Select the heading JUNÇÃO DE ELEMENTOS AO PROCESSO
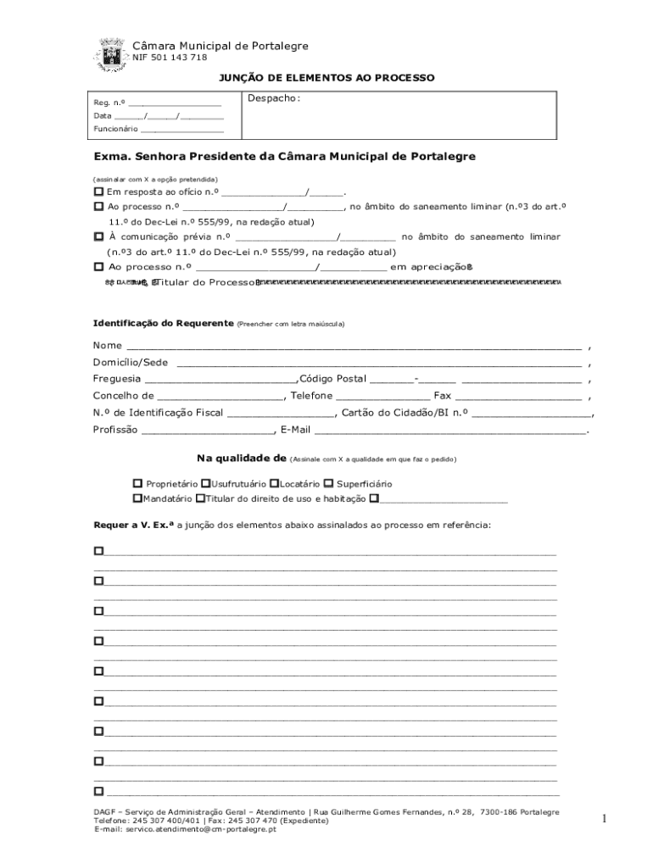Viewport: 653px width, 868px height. point(326,78)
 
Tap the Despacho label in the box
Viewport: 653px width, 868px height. point(273,98)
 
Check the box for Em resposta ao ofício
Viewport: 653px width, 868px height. point(98,192)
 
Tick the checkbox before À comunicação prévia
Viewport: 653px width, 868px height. point(98,236)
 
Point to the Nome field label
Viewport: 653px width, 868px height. point(108,345)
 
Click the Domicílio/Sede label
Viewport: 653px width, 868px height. point(131,362)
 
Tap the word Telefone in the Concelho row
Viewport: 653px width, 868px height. point(311,395)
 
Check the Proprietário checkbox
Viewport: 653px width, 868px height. point(137,483)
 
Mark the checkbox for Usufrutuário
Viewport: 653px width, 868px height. point(205,483)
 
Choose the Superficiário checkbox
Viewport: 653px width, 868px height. point(328,483)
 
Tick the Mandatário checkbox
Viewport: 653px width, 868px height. point(137,498)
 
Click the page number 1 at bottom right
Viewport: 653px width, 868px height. point(605,818)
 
